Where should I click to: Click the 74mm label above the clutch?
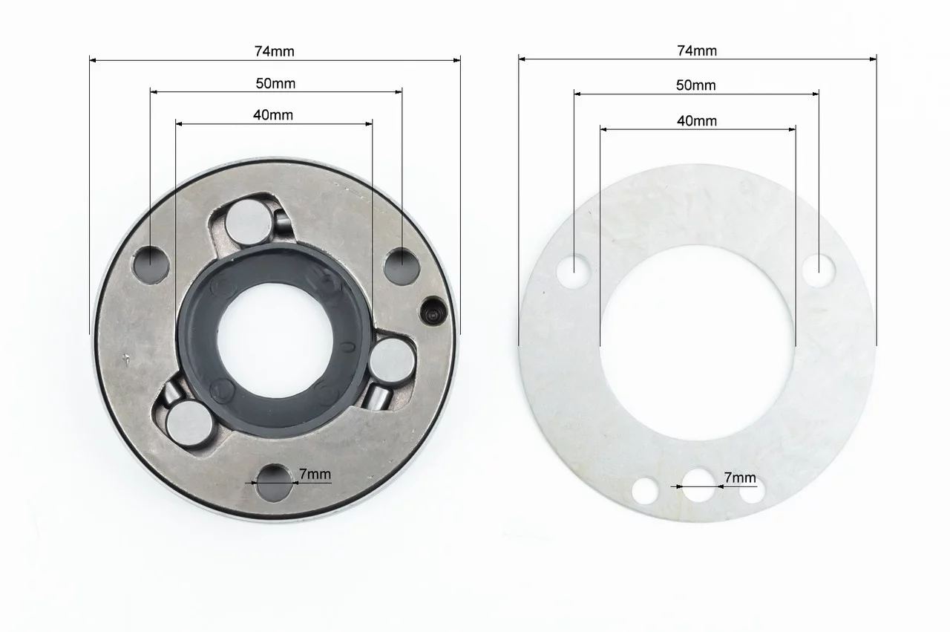point(275,51)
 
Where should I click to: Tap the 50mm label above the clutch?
point(275,84)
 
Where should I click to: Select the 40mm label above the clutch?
point(272,115)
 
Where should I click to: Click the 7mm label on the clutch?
point(315,474)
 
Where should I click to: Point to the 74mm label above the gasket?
point(697,51)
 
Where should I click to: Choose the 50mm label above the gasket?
point(695,85)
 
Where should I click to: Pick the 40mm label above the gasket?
point(697,121)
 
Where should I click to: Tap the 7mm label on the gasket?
point(740,478)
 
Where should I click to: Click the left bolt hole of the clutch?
point(151,264)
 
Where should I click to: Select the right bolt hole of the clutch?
point(402,267)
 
